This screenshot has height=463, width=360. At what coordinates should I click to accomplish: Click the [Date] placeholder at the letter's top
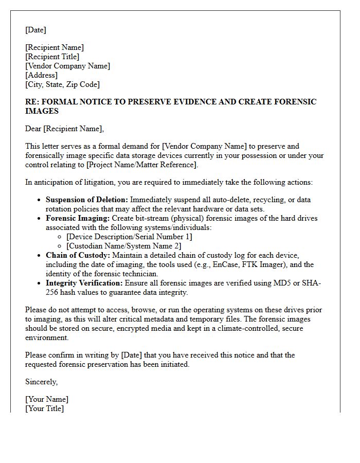coord(35,30)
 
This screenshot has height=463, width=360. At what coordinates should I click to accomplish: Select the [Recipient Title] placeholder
coord(52,57)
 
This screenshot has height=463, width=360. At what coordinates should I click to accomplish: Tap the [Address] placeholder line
coord(41,75)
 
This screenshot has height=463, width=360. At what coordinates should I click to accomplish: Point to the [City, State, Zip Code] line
coord(62,84)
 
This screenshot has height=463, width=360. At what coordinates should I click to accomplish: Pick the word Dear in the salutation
coord(33,129)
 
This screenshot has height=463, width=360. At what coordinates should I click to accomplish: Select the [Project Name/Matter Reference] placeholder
coord(146,165)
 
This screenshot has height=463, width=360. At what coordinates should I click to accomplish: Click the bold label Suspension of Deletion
coord(86,200)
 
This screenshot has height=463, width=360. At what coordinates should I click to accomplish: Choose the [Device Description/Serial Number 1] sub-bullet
coord(129,237)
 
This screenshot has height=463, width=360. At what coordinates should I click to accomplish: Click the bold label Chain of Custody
coord(78,255)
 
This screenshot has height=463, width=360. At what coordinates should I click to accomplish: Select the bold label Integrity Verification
coord(84,283)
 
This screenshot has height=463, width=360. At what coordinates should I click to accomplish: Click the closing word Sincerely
coord(41,382)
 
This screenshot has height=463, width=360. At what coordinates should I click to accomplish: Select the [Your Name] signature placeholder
coord(47,399)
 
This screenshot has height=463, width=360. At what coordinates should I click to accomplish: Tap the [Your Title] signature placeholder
coord(45,408)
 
